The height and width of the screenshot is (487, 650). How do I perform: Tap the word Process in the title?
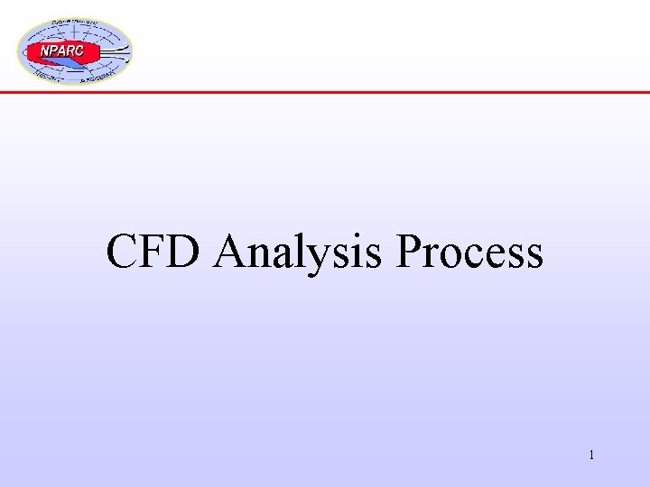click(469, 252)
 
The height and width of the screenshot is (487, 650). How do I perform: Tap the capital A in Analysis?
click(232, 252)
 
